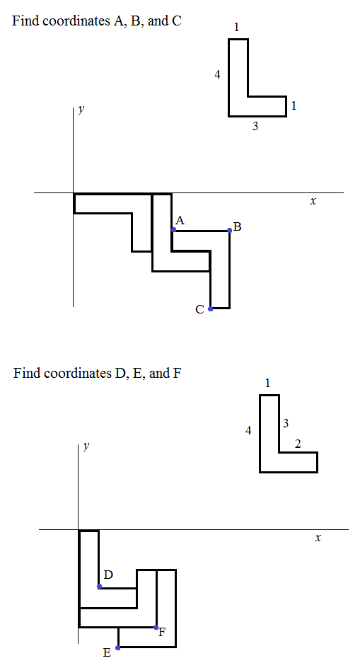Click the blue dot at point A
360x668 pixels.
coord(173,229)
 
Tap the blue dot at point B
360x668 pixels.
coord(230,230)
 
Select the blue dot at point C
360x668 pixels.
coord(211,309)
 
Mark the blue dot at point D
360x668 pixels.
coord(99,586)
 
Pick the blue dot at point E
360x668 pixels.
coord(118,647)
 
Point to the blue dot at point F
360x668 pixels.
coord(156,627)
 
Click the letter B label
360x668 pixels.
coord(238,227)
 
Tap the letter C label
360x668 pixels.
coord(200,310)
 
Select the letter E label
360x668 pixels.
coord(108,652)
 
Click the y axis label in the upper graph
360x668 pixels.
coord(81,109)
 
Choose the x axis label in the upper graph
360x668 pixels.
coord(313,202)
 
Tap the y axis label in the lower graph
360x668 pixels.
coord(86,446)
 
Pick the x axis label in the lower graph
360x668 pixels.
coord(318,538)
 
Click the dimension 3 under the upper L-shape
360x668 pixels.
coord(255,126)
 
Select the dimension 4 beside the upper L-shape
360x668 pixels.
coord(217,75)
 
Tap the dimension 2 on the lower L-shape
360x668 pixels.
coord(298,444)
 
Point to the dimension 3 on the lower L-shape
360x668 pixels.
coord(286,423)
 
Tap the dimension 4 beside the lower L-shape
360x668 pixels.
coord(248,431)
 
